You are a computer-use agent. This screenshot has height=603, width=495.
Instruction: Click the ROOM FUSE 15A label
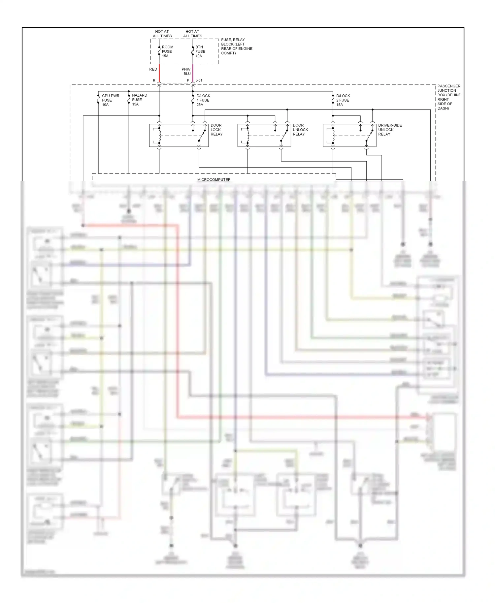point(167,51)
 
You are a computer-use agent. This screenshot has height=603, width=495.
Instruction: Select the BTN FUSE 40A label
point(200,51)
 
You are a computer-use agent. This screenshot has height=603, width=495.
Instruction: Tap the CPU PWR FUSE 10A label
point(110,100)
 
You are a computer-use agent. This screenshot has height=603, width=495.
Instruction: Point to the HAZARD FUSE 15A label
point(139,100)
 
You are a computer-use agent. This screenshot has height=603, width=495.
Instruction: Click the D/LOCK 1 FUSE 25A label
point(203,100)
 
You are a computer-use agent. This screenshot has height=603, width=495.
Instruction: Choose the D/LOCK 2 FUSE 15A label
point(343,100)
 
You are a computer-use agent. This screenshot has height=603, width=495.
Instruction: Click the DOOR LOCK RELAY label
point(216,130)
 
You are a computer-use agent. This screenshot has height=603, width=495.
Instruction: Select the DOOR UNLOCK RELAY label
point(300,130)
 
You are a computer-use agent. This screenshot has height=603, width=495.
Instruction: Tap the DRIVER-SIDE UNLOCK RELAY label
point(390,130)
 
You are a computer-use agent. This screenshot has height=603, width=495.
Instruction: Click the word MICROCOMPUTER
point(214,180)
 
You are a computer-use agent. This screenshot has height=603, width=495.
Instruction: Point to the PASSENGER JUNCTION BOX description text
point(449,97)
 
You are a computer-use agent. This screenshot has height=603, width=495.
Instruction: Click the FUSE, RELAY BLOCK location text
point(236,47)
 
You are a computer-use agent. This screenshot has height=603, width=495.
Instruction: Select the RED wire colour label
point(153,69)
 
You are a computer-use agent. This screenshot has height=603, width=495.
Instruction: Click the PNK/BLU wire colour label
point(186,72)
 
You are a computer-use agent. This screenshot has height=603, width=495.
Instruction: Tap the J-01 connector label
point(199,80)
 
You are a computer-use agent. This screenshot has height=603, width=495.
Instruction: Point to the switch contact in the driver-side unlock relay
point(369,136)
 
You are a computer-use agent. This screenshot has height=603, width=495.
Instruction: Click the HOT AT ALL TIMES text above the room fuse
point(162,34)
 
